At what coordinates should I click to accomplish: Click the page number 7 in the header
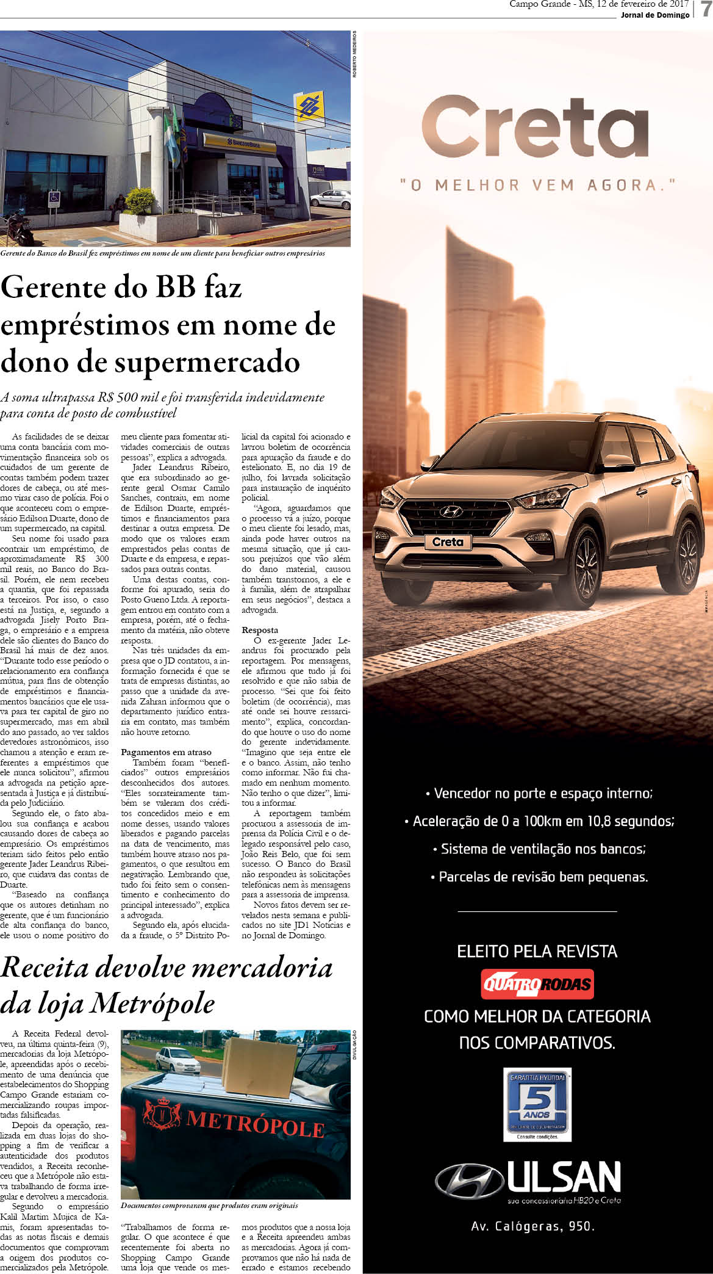click(706, 9)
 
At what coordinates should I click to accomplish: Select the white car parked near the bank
click(330, 199)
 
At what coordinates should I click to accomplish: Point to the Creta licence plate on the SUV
click(448, 542)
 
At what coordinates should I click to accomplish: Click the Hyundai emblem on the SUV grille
click(451, 512)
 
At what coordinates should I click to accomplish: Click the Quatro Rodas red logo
click(537, 983)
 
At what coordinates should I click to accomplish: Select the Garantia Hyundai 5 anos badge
click(537, 1103)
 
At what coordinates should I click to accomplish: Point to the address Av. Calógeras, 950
click(532, 1226)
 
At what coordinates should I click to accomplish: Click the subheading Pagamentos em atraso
click(166, 752)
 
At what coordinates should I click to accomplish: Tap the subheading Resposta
click(260, 630)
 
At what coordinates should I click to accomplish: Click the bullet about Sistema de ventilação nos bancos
click(539, 849)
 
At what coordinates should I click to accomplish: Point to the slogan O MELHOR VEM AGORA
click(537, 184)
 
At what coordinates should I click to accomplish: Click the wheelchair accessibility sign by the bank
click(54, 198)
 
